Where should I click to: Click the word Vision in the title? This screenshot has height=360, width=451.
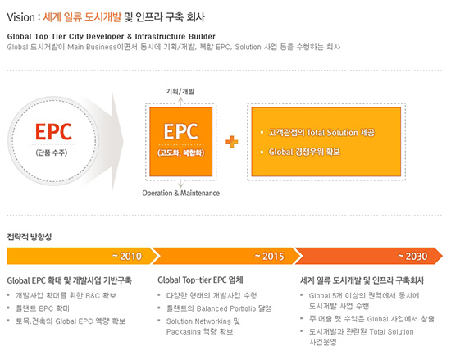[x=20, y=17]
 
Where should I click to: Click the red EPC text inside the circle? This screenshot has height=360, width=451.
[x=53, y=132]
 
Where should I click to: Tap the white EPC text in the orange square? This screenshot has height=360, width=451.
[x=181, y=132]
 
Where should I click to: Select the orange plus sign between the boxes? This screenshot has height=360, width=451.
[x=232, y=142]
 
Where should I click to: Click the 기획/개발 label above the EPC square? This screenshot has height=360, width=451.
[x=180, y=92]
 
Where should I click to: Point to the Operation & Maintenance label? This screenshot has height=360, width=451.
[x=181, y=193]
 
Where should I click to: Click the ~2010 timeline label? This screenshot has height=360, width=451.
[x=127, y=256]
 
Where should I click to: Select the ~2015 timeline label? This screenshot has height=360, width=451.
[x=270, y=256]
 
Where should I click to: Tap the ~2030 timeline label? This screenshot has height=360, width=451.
[x=412, y=256]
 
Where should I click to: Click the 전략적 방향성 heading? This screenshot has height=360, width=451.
[x=30, y=237]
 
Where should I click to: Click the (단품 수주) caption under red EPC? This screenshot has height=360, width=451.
[x=52, y=153]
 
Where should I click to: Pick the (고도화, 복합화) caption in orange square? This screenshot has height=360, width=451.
[x=181, y=153]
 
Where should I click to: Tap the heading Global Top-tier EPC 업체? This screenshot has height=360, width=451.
[x=200, y=280]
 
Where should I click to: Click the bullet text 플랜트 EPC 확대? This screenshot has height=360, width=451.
[x=43, y=308]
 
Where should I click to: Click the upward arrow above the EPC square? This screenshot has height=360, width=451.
[x=180, y=102]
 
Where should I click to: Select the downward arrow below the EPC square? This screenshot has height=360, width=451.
[x=180, y=183]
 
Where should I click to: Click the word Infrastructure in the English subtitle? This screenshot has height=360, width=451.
[x=160, y=37]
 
